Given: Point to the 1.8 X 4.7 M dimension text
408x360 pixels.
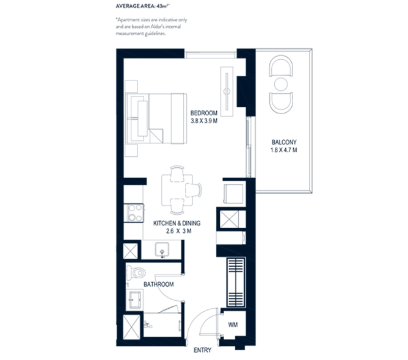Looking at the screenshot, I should (283, 151).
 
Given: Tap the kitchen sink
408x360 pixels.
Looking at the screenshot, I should (162, 248).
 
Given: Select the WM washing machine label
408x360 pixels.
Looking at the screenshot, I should (232, 325).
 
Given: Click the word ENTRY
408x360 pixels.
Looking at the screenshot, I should (202, 350).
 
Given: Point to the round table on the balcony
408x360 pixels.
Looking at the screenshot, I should (282, 84).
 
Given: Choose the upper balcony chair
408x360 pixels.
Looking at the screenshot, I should (282, 66).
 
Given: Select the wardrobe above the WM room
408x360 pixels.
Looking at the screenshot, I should (235, 283).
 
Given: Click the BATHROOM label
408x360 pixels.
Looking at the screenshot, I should (159, 284).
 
